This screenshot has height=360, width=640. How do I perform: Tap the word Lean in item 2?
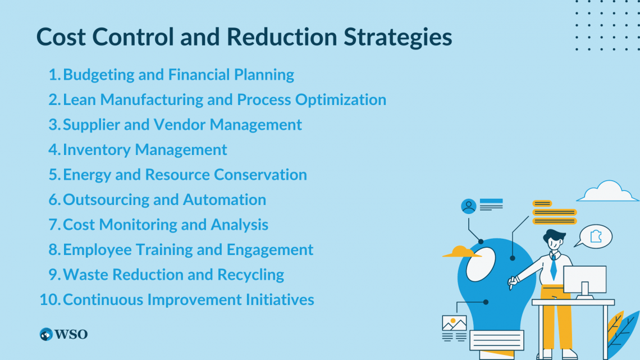pos(80,100)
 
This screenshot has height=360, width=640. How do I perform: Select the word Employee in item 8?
pos(98,250)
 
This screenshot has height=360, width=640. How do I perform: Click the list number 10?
pos(49,300)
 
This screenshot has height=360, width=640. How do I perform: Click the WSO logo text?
pos(71,335)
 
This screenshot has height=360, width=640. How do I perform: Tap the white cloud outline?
pos(607,192)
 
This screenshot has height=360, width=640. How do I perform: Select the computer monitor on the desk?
pos(584,279)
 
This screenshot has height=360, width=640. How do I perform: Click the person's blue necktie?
pos(554,267)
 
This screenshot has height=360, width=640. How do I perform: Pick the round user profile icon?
pos(468,206)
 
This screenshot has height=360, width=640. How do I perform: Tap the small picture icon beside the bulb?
pos(454,323)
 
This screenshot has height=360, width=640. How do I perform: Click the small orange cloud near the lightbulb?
pos(461,252)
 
